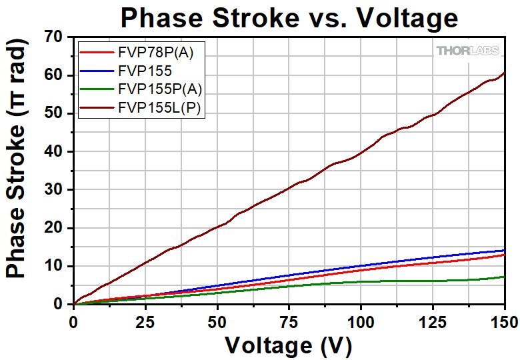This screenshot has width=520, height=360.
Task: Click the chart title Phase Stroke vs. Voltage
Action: [289, 18]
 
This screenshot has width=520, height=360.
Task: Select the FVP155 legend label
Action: [144, 70]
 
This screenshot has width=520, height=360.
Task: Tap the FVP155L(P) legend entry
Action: [159, 107]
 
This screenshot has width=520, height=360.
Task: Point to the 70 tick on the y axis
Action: [56, 37]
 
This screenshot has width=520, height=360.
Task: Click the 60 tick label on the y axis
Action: [56, 75]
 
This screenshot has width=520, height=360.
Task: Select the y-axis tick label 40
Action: [56, 152]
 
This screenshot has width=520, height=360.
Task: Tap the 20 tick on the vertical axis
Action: [56, 228]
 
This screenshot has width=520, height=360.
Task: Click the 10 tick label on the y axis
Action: [56, 266]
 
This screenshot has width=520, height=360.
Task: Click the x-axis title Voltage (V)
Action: [288, 345]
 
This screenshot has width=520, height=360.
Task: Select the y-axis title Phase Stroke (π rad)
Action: [19, 171]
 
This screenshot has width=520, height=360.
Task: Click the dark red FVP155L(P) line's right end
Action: [504, 73]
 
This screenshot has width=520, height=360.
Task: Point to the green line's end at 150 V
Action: [504, 277]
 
